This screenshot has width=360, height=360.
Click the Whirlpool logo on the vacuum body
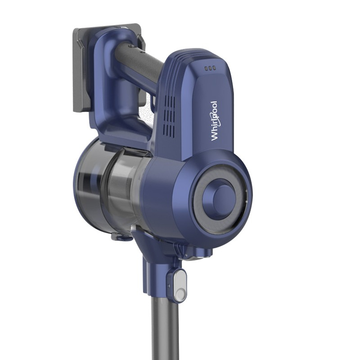[x=214, y=121]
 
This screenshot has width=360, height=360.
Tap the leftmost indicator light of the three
[x=206, y=68]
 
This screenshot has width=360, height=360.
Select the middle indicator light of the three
[x=210, y=68]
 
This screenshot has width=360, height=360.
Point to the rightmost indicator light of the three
[x=214, y=68]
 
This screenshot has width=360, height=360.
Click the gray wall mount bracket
[x=82, y=69]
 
